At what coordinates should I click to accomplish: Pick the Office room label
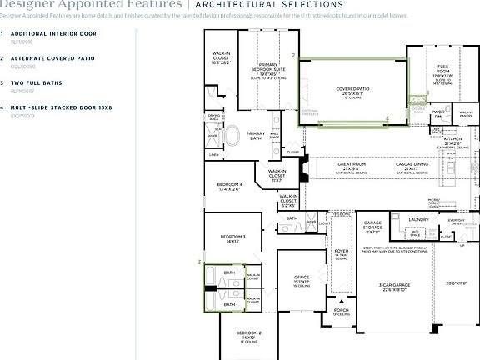[302, 279]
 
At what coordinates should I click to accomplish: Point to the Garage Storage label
[372, 225]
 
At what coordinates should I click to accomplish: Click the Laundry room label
[418, 219]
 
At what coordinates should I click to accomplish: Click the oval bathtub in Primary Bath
[232, 135]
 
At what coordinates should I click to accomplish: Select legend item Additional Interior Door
[53, 34]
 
